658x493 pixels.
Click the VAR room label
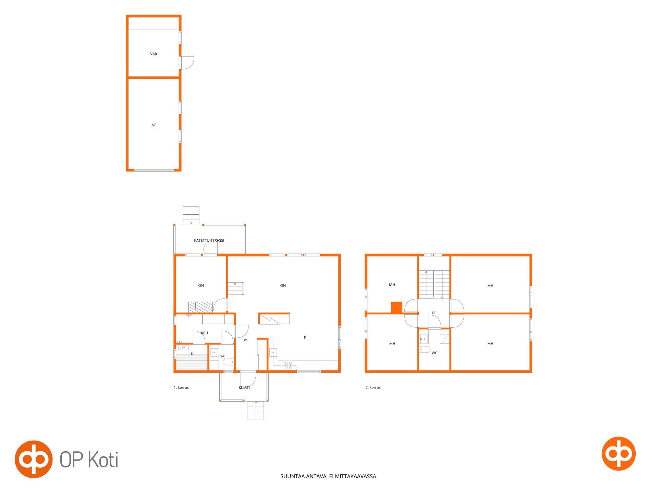(154, 54)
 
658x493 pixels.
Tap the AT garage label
(154, 125)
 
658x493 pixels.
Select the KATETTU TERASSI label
(209, 241)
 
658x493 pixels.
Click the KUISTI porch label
(244, 388)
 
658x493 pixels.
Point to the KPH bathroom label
(205, 333)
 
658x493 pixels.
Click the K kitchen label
(305, 338)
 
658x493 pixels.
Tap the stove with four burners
(289, 365)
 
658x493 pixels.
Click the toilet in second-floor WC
(425, 350)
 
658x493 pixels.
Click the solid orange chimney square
(397, 307)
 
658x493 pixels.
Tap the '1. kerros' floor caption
(181, 388)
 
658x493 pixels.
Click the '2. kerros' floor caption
(373, 388)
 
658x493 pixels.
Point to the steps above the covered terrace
(191, 215)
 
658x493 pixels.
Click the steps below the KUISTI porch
(256, 410)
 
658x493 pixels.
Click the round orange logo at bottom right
(619, 454)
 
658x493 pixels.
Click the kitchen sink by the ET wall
(273, 353)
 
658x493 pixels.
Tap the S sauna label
(192, 354)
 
